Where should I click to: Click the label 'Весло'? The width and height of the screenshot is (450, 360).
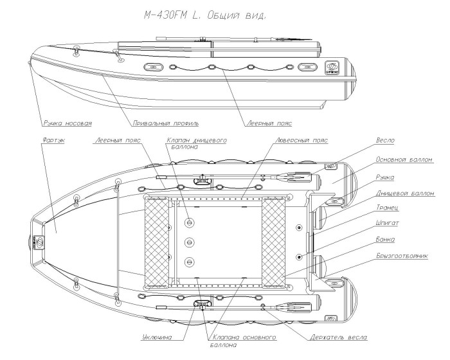pyautogui.click(x=386, y=139)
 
